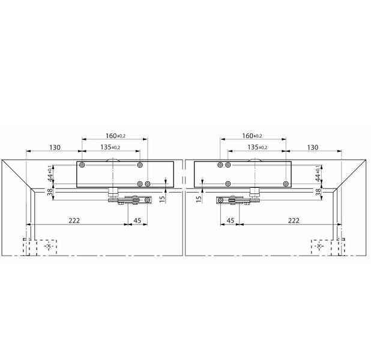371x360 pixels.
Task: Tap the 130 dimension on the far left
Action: click(x=55, y=148)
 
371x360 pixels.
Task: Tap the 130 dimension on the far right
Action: click(x=313, y=148)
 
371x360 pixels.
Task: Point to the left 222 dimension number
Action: click(x=74, y=220)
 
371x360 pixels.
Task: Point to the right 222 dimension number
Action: click(x=294, y=220)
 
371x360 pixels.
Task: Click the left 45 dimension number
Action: click(x=137, y=220)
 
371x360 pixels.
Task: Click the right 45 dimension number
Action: click(x=231, y=220)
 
